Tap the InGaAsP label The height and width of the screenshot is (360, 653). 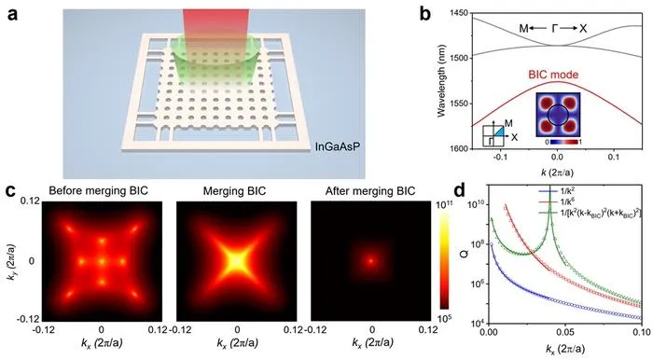click(334, 147)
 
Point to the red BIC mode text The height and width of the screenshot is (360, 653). click(553, 75)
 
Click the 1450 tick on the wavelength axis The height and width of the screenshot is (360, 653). click(460, 13)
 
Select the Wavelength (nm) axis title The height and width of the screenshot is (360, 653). click(441, 81)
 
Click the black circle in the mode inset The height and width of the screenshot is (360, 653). click(557, 116)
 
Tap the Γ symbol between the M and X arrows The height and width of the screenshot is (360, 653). click(554, 28)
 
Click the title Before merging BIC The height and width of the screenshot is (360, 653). click(98, 191)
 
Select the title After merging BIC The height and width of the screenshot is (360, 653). click(370, 191)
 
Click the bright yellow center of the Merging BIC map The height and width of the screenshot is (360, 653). click(236, 262)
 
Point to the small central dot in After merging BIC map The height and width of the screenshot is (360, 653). click(370, 261)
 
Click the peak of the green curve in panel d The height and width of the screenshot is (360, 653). click(549, 188)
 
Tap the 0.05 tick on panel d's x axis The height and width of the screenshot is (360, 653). click(564, 333)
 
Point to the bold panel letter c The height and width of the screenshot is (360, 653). click(11, 192)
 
